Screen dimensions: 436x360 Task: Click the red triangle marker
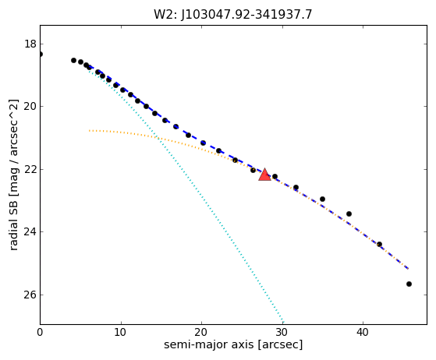tap(264, 175)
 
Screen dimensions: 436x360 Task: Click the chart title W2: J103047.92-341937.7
tap(233, 15)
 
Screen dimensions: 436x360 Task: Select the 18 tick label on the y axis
tap(30, 44)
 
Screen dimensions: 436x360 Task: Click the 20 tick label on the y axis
tap(30, 107)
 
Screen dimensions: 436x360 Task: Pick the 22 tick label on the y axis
tap(30, 169)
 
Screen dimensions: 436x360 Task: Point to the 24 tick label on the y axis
tap(30, 231)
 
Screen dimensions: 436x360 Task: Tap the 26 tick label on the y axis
tap(30, 295)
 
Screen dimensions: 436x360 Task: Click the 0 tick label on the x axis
tap(40, 332)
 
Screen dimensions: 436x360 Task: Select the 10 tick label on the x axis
tap(121, 332)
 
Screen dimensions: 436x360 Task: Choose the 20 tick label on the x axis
tap(201, 332)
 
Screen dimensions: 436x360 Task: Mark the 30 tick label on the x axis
tap(282, 332)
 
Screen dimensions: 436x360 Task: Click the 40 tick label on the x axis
tap(363, 332)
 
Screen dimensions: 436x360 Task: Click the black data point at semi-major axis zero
tap(41, 55)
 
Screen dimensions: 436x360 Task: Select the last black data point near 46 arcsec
tap(409, 284)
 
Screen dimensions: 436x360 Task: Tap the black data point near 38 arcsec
tap(349, 214)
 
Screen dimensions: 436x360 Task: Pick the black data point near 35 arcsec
tap(323, 199)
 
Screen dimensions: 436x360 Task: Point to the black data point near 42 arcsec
tap(379, 245)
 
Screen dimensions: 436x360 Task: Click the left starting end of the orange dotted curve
tap(89, 131)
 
